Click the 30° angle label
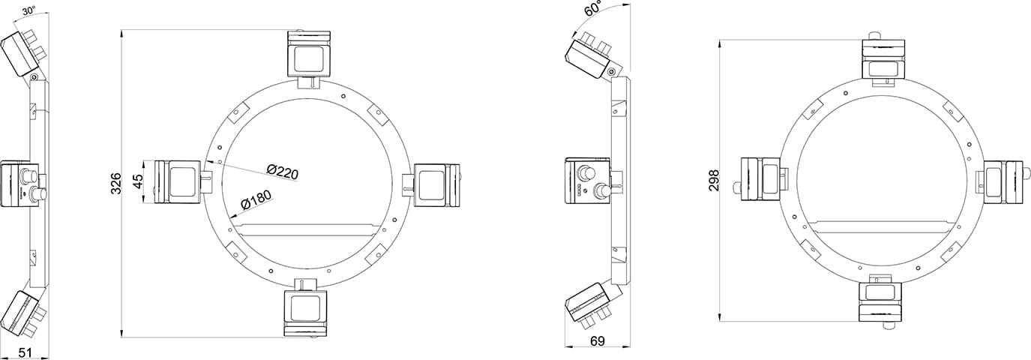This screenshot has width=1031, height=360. coord(28,11)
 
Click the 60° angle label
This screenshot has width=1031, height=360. coord(594,10)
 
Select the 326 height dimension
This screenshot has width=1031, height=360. coord(115,184)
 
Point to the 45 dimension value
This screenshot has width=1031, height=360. coord(137,182)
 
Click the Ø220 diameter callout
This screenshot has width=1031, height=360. coord(282,172)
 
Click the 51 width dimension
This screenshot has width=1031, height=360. coord(24,352)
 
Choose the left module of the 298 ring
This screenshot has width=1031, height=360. coord(762,179)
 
